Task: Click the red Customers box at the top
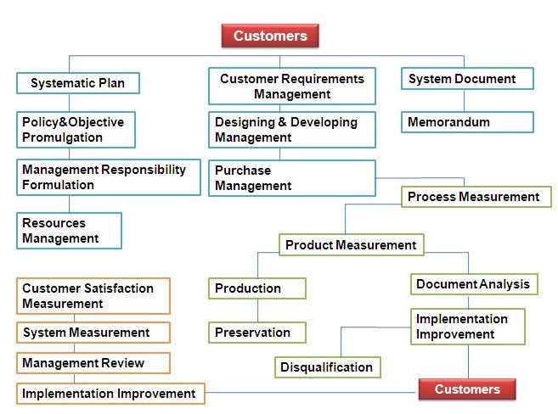270,36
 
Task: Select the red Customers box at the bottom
467,389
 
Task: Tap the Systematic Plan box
78,83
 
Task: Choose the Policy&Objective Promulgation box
76,130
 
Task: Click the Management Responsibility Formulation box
109,177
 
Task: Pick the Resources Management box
69,231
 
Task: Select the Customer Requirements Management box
292,86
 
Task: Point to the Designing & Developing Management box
292,130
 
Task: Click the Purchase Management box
292,178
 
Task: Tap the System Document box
467,79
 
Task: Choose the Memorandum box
467,122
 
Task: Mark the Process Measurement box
476,197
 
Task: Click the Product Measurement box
352,245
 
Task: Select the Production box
257,288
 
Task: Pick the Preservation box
257,333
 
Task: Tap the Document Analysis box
474,284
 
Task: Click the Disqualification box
327,367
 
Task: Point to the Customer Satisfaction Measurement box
93,296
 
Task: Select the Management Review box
93,363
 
